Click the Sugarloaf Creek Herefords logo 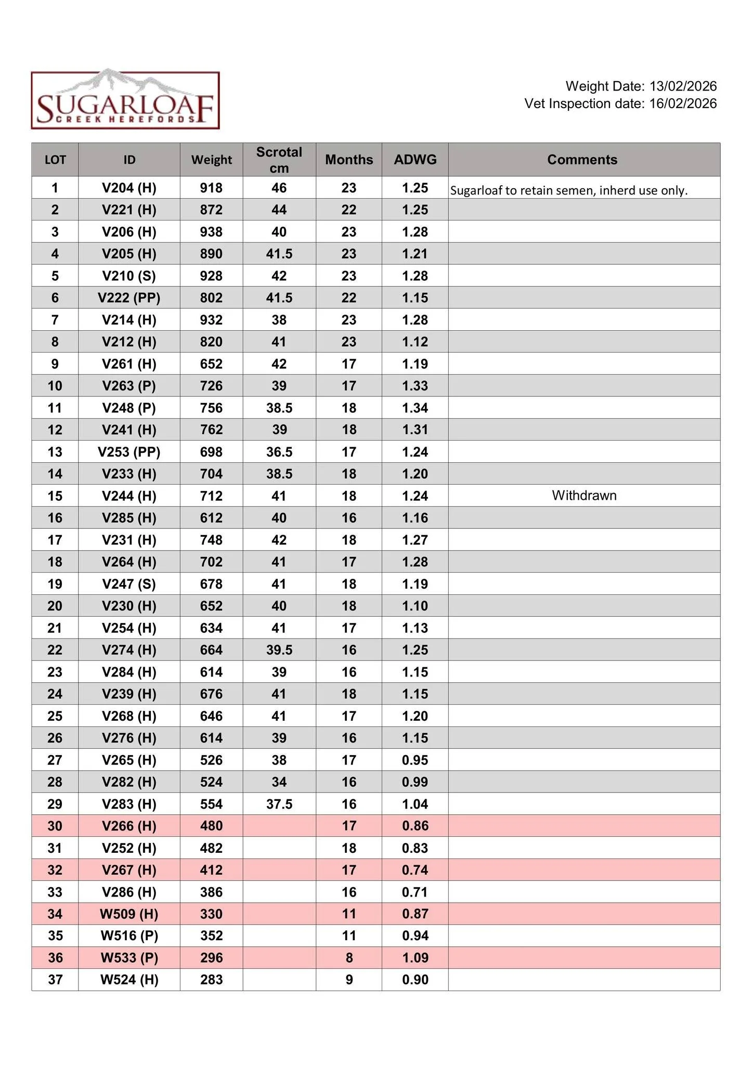click(x=125, y=100)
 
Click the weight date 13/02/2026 click(x=683, y=86)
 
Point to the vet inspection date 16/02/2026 click(x=683, y=103)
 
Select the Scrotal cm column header click(x=279, y=160)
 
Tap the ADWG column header click(x=415, y=160)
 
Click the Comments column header click(x=582, y=160)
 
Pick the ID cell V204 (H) click(x=129, y=188)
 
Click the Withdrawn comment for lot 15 click(x=584, y=496)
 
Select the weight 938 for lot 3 click(x=211, y=232)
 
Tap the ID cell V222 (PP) click(x=129, y=298)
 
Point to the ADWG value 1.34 click(x=415, y=408)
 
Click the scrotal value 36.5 click(x=279, y=452)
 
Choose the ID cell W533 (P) click(x=129, y=958)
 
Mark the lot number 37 click(x=55, y=980)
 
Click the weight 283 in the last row click(x=211, y=980)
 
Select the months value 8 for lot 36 click(x=349, y=958)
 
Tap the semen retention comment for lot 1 click(x=569, y=190)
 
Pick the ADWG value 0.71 click(x=415, y=892)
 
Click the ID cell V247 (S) click(x=129, y=584)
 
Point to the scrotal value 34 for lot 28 click(x=279, y=782)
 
